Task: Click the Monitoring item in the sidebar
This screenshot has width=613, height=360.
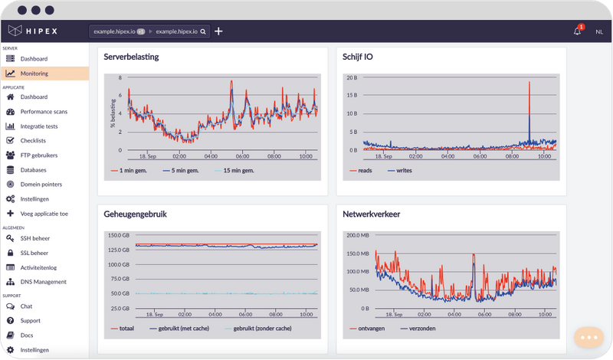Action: click(x=34, y=74)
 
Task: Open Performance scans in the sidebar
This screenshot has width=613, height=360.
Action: click(x=44, y=112)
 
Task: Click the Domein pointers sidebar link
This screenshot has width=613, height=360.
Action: click(x=41, y=185)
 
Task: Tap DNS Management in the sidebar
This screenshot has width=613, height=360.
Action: click(x=43, y=282)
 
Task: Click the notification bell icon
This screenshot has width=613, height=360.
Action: click(x=577, y=31)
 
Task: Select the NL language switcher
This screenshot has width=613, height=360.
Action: click(x=598, y=31)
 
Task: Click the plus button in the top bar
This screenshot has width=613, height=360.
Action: click(x=218, y=31)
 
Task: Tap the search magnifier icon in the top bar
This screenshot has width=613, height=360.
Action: click(x=204, y=32)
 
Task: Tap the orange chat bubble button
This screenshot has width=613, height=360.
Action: click(x=588, y=337)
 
